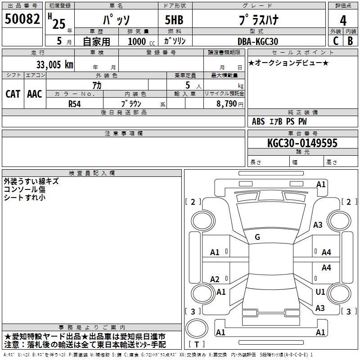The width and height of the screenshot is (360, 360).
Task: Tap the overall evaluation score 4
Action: click(x=343, y=21)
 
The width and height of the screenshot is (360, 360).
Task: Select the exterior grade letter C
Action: click(x=335, y=40)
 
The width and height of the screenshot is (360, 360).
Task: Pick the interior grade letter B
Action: click(x=350, y=40)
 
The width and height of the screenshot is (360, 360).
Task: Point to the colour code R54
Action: click(x=75, y=103)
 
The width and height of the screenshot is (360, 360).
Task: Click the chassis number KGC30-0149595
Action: click(x=302, y=143)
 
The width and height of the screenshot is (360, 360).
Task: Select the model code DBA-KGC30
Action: click(x=258, y=41)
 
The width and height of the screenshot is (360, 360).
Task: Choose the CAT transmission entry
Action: click(x=13, y=94)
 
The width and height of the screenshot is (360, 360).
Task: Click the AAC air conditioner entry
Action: click(x=34, y=94)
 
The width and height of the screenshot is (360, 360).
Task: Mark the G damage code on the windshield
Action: click(x=257, y=237)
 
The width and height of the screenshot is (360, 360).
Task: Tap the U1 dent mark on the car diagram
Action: click(x=320, y=292)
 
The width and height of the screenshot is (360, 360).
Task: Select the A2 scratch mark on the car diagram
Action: click(x=215, y=279)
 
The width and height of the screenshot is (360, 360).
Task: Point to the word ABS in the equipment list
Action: click(x=258, y=121)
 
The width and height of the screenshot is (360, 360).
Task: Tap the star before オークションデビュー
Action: click(x=251, y=63)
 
